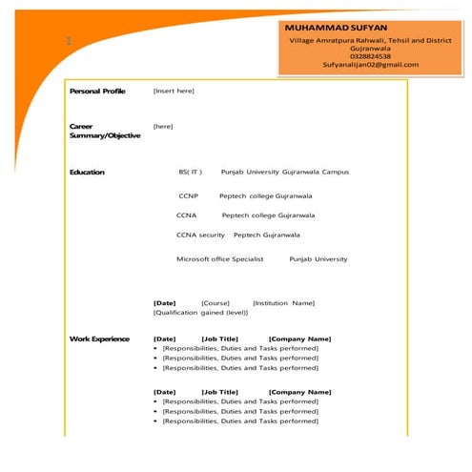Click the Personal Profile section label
97,91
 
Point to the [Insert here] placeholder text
174,91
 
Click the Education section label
87,172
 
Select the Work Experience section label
99,339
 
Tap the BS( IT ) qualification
190,172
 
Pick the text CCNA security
200,235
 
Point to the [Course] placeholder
215,303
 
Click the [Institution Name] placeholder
283,303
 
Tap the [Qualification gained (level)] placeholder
200,313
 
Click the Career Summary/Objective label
104,131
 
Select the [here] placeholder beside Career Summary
163,126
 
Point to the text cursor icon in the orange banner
69,41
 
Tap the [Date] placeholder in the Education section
164,303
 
